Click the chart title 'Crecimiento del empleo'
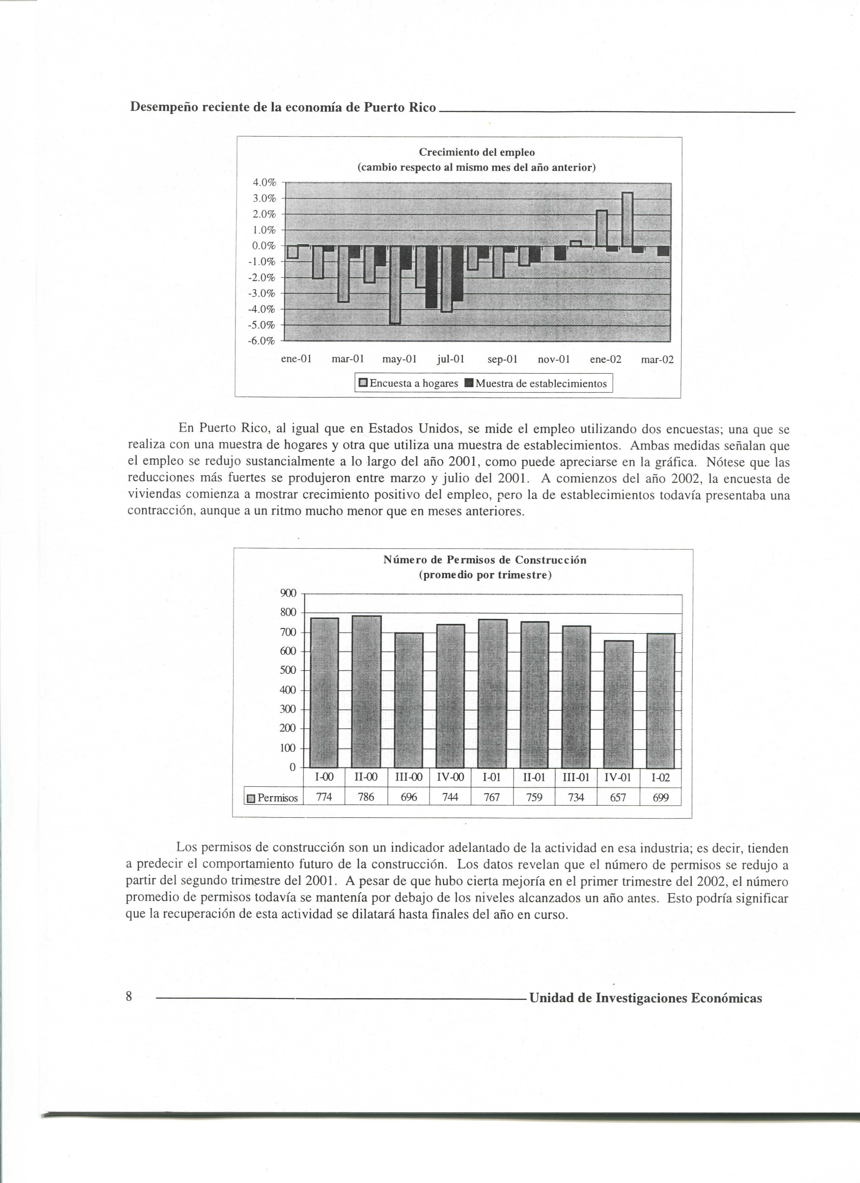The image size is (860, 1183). [x=477, y=152]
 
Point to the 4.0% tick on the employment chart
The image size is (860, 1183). [x=264, y=183]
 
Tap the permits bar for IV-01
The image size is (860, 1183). [x=619, y=704]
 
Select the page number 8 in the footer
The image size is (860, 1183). [x=129, y=997]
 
